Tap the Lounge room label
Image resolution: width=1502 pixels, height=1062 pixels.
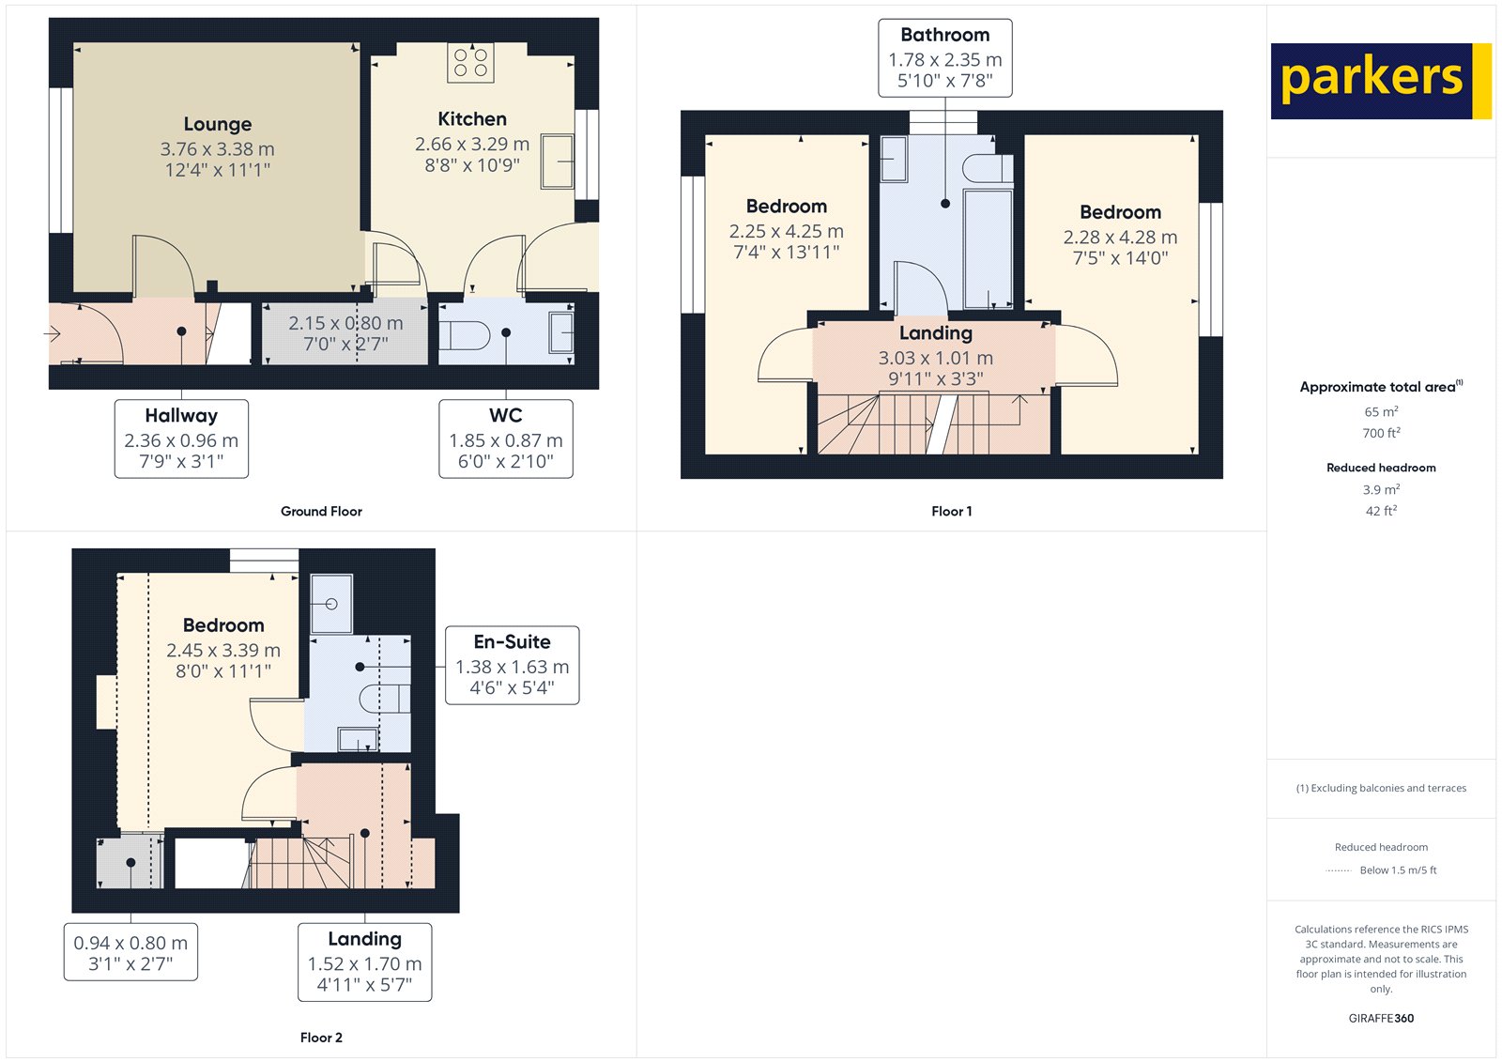point(218,124)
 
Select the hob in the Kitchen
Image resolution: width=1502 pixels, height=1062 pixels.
point(470,63)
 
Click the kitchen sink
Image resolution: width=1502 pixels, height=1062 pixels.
point(558,162)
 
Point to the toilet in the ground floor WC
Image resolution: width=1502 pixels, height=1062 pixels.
point(464,335)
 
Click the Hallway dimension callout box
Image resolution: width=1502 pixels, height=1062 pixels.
point(181,439)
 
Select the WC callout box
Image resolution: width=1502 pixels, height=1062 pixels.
point(506,439)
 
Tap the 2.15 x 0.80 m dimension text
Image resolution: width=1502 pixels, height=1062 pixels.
point(345,323)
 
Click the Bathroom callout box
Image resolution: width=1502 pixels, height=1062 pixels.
point(944,57)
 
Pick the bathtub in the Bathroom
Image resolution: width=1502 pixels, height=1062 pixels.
point(988,249)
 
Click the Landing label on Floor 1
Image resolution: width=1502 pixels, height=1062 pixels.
point(935,332)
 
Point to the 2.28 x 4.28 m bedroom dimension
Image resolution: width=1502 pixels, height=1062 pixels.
point(1120,237)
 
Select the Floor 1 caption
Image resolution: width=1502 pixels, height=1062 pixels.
point(952,511)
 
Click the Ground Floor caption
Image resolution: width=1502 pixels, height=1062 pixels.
point(321,511)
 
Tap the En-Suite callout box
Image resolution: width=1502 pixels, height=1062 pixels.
point(513,665)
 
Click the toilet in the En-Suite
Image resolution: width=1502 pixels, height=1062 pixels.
point(385,699)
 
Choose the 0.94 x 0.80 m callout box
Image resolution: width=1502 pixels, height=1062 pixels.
point(130,951)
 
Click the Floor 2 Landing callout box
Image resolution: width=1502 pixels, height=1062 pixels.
point(365,962)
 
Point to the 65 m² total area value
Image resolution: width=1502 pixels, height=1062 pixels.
point(1381,411)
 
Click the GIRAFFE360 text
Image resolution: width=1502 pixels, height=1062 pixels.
point(1381,1018)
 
